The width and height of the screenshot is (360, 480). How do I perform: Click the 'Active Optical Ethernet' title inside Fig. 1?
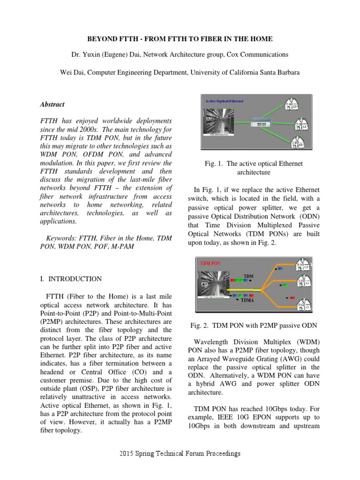pos(225,101)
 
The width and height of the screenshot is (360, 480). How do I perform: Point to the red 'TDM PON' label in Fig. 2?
pos(210,263)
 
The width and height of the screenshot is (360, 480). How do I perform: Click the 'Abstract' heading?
pos(52,105)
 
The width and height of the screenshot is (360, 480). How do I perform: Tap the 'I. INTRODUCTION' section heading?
pos(70,279)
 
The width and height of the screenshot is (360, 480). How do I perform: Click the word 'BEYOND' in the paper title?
pos(105,38)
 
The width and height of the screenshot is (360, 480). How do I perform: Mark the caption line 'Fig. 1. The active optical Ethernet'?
pos(254,164)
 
